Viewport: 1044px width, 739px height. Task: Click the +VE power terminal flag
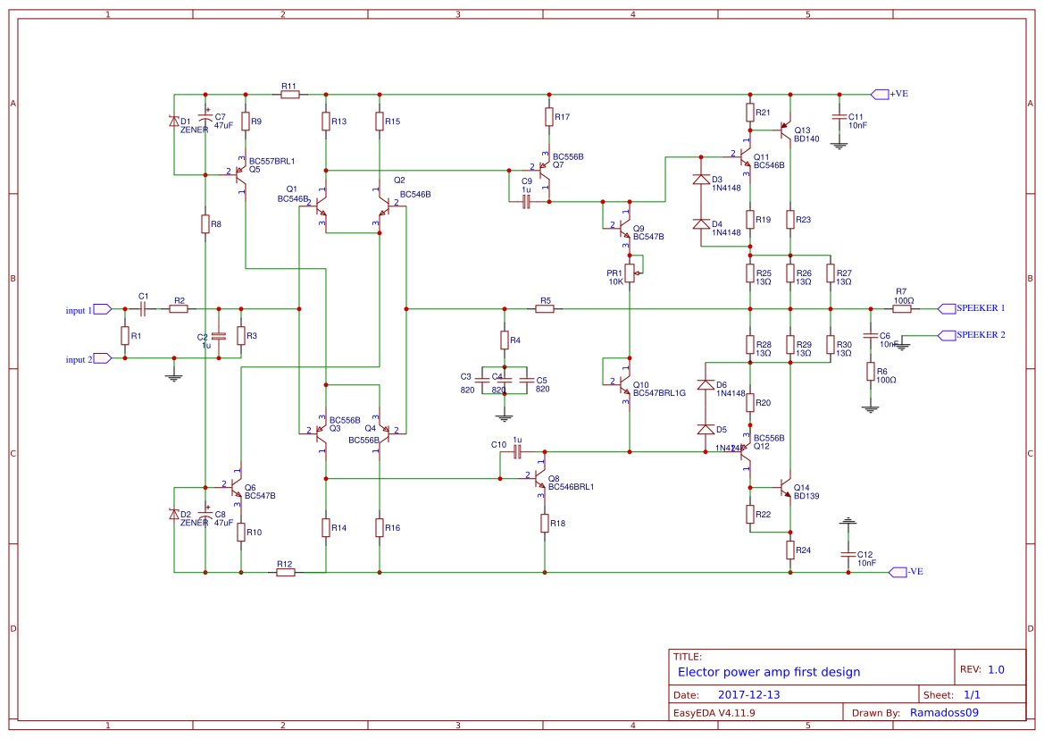coord(880,94)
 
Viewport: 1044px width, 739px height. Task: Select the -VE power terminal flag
coord(898,572)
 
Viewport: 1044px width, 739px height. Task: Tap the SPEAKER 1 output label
coord(981,308)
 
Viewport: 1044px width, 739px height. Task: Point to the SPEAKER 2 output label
coord(981,335)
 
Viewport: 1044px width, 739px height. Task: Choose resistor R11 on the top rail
coord(289,94)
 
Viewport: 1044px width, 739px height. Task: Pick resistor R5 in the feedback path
coord(545,308)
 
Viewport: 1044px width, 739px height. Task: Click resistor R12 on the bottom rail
coord(286,572)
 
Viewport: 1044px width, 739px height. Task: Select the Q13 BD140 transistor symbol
coord(786,131)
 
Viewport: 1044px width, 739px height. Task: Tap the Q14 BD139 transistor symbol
coord(786,488)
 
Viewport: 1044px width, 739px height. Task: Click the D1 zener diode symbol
coord(174,122)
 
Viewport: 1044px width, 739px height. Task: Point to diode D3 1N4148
coord(701,180)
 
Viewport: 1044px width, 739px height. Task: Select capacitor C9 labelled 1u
coord(526,202)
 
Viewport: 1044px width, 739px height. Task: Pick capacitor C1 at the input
coord(143,308)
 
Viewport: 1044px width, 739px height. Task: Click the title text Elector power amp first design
coord(769,672)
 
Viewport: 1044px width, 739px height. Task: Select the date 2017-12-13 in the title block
coord(749,694)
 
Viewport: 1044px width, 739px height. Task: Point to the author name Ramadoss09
coord(944,712)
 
